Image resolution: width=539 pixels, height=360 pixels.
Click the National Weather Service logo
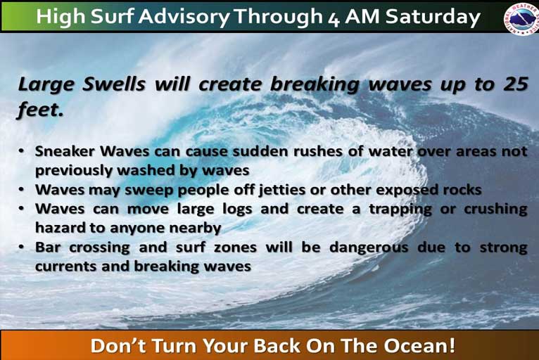521,18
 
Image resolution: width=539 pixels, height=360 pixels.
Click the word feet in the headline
40,110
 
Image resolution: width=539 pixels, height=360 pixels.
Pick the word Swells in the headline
113,84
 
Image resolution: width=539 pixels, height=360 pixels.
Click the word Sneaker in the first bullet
65,151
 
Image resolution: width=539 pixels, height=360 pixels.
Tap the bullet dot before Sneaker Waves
22,150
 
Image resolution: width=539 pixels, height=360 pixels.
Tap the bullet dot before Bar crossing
22,247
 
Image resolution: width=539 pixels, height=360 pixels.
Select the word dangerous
369,247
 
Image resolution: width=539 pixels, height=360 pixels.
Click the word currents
65,266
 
